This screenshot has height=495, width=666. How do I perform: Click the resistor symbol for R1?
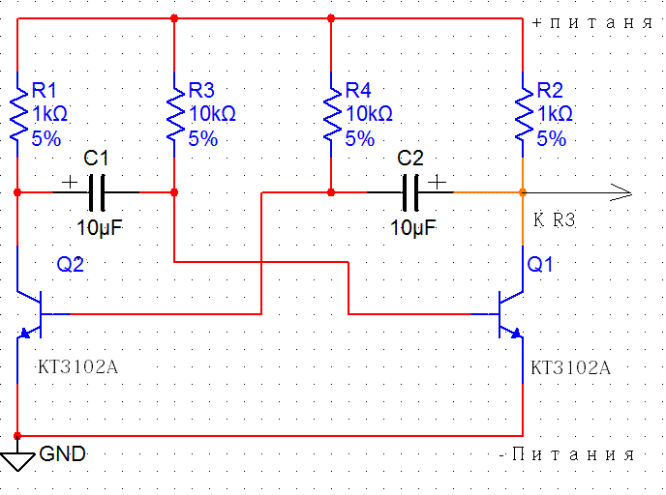[17, 114]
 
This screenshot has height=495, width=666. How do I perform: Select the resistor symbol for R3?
[174, 114]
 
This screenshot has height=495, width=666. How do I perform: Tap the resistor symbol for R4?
[331, 114]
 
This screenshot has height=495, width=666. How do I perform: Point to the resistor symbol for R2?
[523, 114]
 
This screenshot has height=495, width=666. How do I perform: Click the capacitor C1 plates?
[96, 192]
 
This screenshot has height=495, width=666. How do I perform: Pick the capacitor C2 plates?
[411, 192]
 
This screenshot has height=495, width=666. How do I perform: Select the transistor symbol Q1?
[508, 314]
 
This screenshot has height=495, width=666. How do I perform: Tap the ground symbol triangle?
[17, 462]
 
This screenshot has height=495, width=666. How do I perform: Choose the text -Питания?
[566, 453]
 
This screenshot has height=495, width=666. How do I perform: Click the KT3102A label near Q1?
[571, 368]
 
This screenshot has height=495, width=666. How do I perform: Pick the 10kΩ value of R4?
[369, 114]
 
